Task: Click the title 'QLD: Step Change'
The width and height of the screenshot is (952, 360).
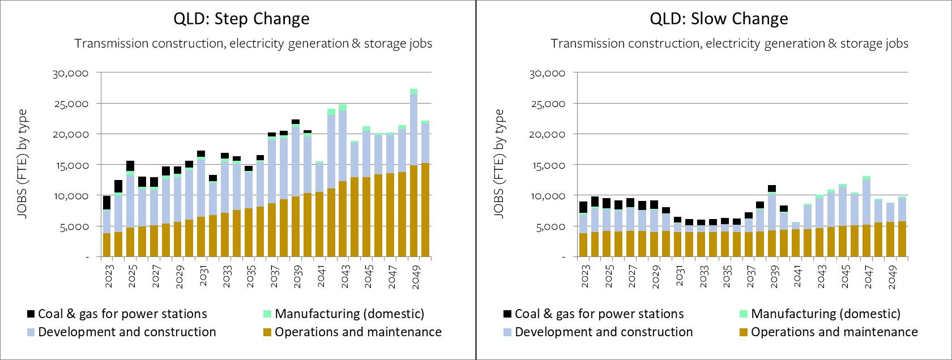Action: click(241, 19)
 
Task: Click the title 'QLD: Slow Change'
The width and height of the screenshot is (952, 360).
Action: click(719, 19)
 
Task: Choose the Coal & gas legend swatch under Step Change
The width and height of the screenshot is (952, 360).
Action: click(31, 314)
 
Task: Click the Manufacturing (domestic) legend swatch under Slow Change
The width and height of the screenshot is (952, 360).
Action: click(744, 314)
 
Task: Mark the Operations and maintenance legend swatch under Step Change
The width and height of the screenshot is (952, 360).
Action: click(268, 332)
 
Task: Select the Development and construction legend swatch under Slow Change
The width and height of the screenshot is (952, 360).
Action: click(508, 332)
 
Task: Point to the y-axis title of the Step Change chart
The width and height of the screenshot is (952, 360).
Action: click(23, 164)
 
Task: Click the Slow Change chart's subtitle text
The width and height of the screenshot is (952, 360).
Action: click(729, 44)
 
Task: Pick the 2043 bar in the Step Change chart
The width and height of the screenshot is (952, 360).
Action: click(343, 181)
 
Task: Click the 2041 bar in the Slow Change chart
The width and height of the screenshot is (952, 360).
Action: click(796, 241)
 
